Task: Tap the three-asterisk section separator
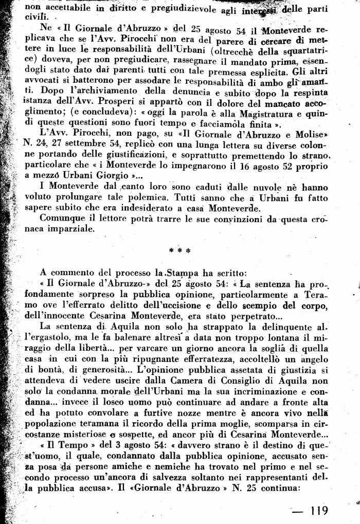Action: (x=179, y=251)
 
